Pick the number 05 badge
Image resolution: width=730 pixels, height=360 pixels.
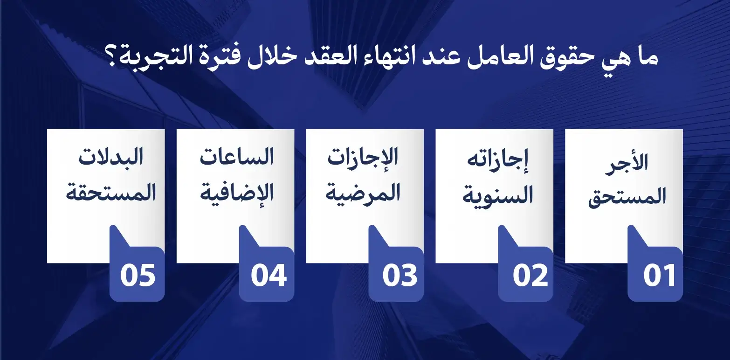138,276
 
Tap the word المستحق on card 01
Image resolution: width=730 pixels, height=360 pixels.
627,198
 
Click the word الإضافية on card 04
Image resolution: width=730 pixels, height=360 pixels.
236,191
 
